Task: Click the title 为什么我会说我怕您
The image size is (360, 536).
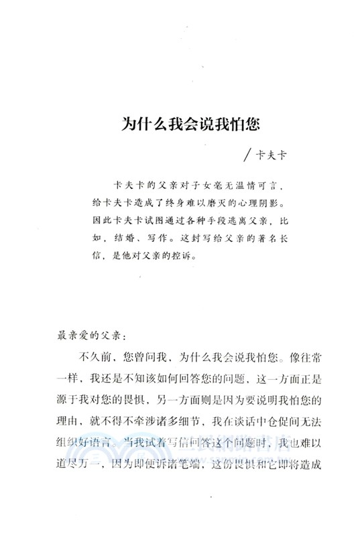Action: point(180,125)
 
